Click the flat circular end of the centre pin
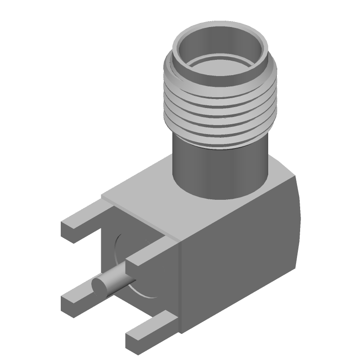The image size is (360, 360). [99, 286]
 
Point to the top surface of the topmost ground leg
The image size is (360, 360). [85, 216]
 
